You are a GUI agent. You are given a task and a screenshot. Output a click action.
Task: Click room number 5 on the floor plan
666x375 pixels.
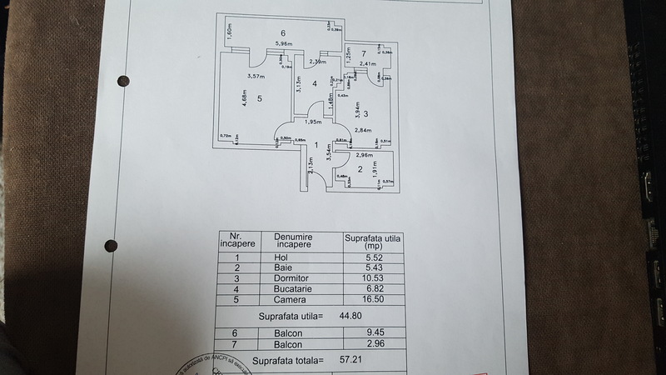tap(260, 98)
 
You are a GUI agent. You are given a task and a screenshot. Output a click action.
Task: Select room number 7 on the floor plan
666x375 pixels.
tap(364, 53)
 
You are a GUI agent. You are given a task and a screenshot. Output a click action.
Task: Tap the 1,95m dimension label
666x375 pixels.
tap(313, 122)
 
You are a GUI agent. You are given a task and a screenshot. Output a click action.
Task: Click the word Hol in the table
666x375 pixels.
tap(281, 257)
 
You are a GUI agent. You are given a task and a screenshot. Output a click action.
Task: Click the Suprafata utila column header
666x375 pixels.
tap(372, 241)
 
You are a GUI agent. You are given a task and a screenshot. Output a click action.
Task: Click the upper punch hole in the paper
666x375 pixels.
tap(124, 81)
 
